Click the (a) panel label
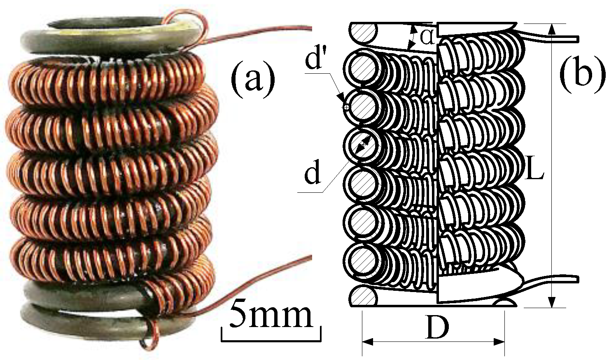point(253,77)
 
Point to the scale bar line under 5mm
point(271,340)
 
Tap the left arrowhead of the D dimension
point(368,342)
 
